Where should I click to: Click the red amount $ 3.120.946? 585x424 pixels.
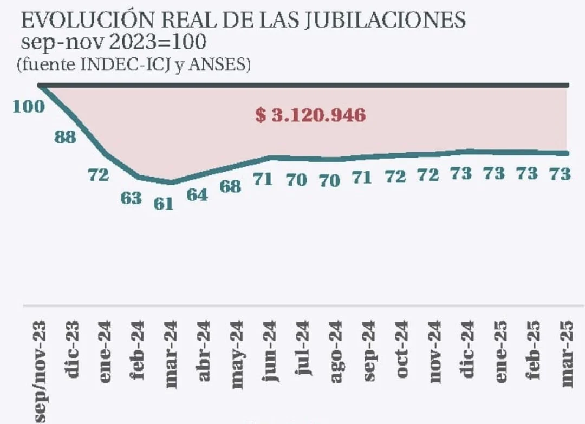pyautogui.click(x=310, y=115)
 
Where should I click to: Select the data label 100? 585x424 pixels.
pyautogui.click(x=28, y=106)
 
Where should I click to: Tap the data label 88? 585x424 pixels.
pyautogui.click(x=65, y=138)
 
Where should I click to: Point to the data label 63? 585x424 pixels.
pyautogui.click(x=131, y=198)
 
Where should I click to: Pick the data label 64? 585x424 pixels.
pyautogui.click(x=197, y=195)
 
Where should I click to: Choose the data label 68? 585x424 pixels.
pyautogui.click(x=230, y=186)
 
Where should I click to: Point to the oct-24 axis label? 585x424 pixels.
pyautogui.click(x=403, y=351)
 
